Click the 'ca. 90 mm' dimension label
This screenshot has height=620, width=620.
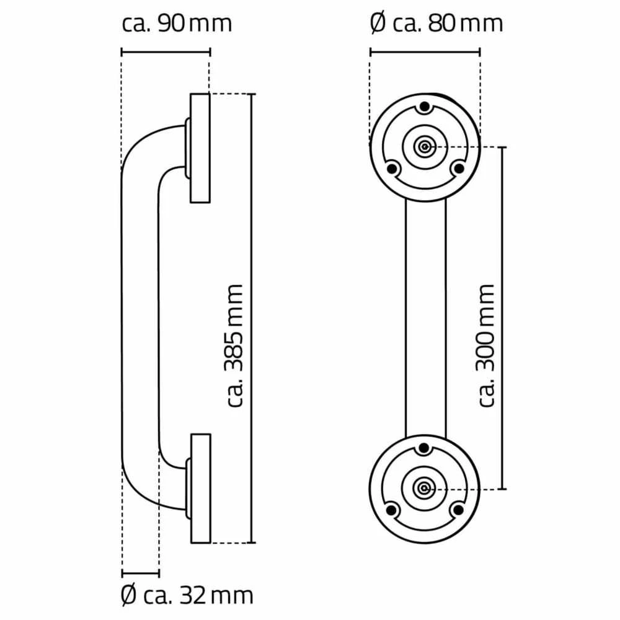click(177, 24)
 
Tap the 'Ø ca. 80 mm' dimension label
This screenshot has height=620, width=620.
click(436, 24)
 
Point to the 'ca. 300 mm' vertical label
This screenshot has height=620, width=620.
click(485, 345)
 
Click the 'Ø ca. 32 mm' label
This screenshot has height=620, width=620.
click(187, 596)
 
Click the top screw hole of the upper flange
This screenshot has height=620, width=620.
click(425, 107)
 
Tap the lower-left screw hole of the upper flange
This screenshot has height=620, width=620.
click(392, 169)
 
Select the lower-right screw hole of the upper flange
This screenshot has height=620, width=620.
click(458, 169)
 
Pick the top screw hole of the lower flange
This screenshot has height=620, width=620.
click(424, 448)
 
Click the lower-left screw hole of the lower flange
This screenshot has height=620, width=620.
click(391, 510)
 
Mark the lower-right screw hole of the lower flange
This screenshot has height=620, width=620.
click(458, 510)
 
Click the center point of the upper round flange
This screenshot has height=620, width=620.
click(425, 147)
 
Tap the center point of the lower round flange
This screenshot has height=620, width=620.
click(424, 489)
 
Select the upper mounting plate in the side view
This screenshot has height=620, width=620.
click(200, 148)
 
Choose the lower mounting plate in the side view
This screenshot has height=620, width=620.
click(201, 489)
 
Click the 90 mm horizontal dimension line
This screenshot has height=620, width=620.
click(166, 52)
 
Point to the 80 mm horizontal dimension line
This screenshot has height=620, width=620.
click(425, 52)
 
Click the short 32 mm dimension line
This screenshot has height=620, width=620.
click(141, 573)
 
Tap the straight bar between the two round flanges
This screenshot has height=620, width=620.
click(425, 318)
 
